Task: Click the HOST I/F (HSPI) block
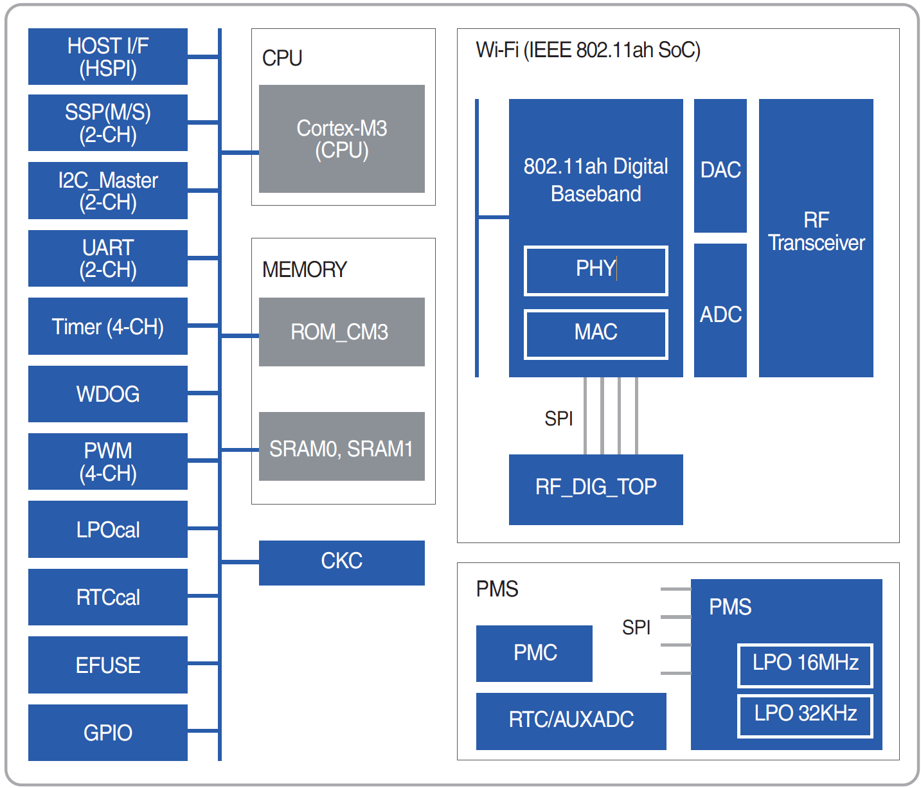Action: tap(107, 57)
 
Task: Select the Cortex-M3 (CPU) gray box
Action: tap(341, 139)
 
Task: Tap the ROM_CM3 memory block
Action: tap(341, 332)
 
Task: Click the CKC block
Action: tap(341, 562)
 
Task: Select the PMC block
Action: tap(534, 653)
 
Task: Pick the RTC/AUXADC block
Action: tap(571, 721)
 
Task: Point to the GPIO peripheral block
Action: tap(107, 733)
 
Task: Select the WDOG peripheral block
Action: tap(107, 394)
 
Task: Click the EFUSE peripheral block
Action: tap(107, 665)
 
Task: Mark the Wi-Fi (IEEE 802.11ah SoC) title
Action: tap(587, 50)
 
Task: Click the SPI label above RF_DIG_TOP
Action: tap(558, 418)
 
